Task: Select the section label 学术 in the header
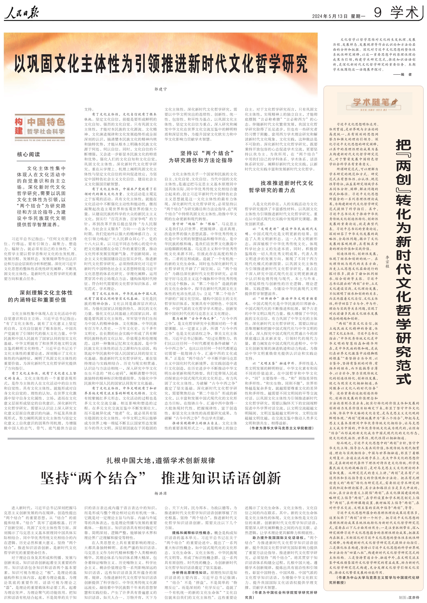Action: coord(404,13)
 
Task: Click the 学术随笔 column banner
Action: coord(371,102)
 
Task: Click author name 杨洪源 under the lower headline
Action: coord(160,494)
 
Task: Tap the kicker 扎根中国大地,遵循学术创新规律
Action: coord(160,460)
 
